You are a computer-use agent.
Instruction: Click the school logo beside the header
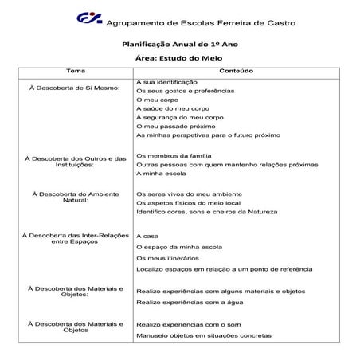coord(89,18)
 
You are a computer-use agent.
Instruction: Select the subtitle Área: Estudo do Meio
coord(180,59)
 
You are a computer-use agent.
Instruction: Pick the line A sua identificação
coord(166,83)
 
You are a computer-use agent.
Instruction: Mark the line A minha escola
coord(161,173)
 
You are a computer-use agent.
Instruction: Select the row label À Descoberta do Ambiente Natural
coord(76,197)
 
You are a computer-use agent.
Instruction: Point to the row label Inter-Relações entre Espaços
coord(76,239)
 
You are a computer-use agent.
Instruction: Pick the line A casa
coord(148,237)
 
